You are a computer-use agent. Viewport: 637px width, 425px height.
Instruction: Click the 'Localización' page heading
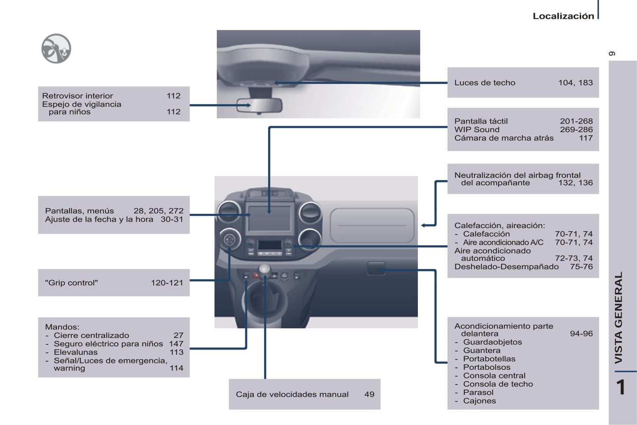[563, 16]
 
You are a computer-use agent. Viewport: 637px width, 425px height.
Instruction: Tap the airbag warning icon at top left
[56, 48]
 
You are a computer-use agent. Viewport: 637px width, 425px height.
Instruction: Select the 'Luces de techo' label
[484, 83]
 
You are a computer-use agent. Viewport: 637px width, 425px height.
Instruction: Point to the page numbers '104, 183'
[575, 83]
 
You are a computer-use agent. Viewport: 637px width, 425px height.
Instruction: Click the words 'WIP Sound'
[477, 130]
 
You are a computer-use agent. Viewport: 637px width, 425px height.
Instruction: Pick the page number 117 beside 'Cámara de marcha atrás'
[585, 138]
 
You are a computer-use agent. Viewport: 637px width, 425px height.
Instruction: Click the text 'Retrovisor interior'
[78, 96]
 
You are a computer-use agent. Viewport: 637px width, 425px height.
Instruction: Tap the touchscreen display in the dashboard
[269, 218]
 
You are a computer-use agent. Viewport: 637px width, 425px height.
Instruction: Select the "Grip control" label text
[71, 283]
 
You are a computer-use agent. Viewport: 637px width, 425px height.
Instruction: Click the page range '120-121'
[167, 283]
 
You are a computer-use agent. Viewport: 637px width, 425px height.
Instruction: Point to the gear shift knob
[264, 269]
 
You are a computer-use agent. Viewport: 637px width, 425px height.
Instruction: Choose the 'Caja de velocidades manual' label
[292, 395]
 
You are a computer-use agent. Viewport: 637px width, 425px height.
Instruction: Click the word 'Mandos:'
[62, 327]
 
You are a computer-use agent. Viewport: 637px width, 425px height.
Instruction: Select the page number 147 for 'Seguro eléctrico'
[176, 344]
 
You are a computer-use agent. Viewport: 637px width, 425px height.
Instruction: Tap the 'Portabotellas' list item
[489, 359]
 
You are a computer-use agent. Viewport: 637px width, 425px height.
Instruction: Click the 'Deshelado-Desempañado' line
[506, 267]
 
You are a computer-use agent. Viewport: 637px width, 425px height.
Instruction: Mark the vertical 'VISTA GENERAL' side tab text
[618, 317]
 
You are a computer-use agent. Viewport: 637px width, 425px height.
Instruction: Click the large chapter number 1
[620, 388]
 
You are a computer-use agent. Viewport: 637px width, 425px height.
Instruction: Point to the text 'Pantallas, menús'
[79, 211]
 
